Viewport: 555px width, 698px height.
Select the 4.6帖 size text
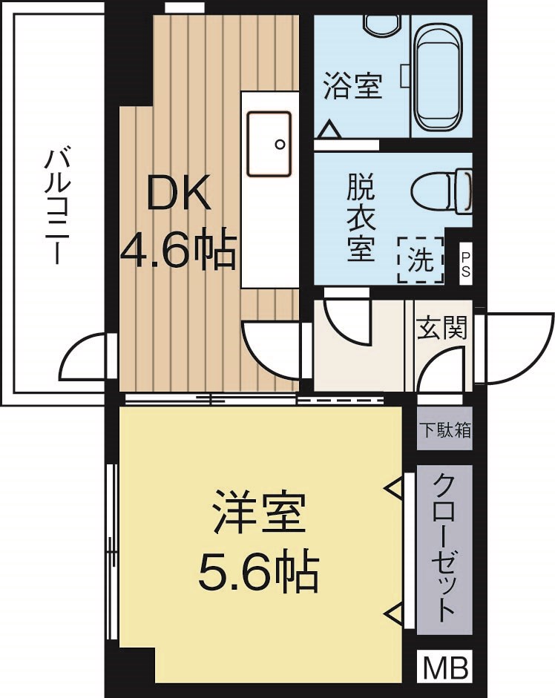click(x=178, y=251)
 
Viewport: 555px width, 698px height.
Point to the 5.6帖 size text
click(x=259, y=570)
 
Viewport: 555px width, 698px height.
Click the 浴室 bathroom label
click(x=352, y=86)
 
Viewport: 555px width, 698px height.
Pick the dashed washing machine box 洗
click(x=420, y=260)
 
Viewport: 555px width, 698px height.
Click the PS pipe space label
click(x=465, y=263)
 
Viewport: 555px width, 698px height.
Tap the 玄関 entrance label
click(x=441, y=327)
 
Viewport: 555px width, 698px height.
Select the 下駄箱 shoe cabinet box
click(x=444, y=431)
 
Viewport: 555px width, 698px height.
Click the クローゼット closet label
click(x=444, y=549)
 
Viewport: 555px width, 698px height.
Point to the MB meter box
click(x=444, y=668)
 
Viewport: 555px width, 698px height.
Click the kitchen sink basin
click(x=269, y=143)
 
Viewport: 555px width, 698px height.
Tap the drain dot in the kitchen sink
click(x=280, y=144)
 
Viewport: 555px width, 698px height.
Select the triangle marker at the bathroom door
click(x=328, y=131)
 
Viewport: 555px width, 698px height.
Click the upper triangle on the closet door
click(x=393, y=487)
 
